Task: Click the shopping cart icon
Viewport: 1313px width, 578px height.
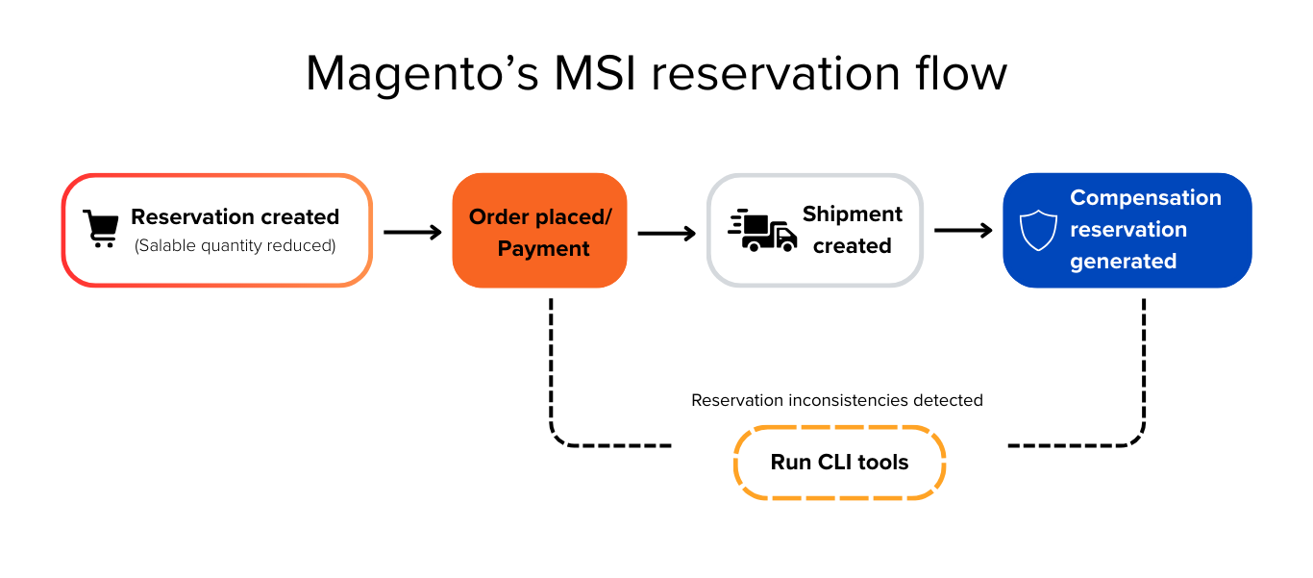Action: [100, 230]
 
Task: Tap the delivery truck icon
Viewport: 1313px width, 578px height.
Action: [762, 231]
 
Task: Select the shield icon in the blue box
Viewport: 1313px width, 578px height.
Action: [1038, 231]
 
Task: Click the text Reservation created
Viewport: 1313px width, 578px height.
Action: [235, 216]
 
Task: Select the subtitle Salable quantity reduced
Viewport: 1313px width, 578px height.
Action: [235, 246]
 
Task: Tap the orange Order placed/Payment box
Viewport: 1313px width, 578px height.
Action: [539, 231]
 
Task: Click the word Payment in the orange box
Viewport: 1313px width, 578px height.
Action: [543, 248]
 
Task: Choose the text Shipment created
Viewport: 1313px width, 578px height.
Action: [853, 230]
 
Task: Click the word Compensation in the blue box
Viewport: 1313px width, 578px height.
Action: [1145, 198]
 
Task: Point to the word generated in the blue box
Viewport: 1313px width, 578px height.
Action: [1123, 262]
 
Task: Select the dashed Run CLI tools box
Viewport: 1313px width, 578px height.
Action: [839, 463]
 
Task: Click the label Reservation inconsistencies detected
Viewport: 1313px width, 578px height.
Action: [836, 400]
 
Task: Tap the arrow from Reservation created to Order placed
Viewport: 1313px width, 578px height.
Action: [412, 232]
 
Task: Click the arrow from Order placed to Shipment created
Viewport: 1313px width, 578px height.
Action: [666, 233]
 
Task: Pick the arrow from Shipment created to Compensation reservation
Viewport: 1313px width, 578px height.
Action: [963, 231]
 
